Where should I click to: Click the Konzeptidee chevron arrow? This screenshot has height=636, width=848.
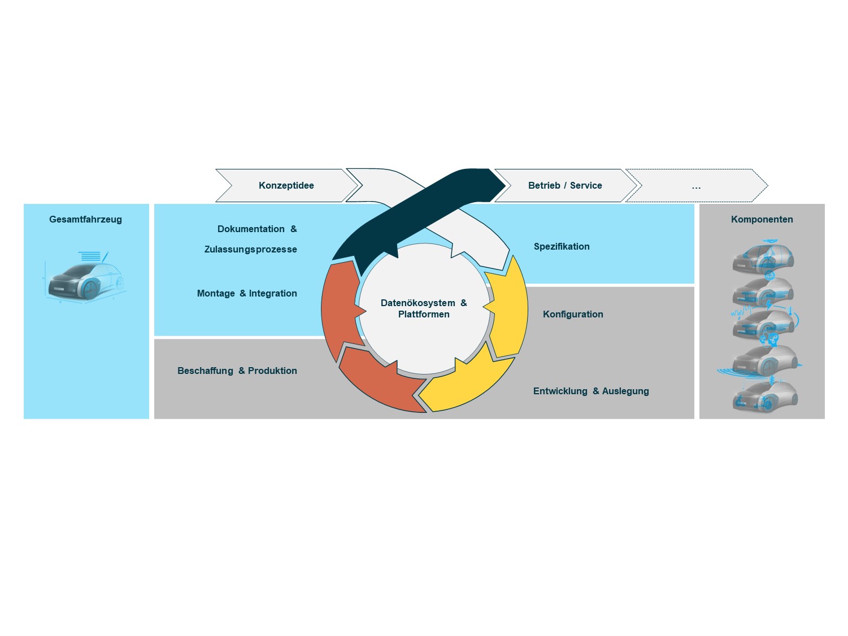coord(286,185)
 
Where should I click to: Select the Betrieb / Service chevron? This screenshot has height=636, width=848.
coord(565,185)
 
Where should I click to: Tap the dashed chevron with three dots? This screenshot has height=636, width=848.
coord(696,185)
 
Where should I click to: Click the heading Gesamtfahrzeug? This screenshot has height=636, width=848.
coord(85,219)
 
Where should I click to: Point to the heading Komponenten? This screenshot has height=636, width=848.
coord(762,219)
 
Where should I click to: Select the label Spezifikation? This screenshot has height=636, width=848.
coord(562,246)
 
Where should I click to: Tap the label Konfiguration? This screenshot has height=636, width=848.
coord(573,314)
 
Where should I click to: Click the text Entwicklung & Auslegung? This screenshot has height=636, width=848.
coord(591,391)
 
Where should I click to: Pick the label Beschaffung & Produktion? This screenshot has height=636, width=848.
coord(237,371)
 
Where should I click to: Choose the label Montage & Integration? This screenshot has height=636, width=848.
coord(247,293)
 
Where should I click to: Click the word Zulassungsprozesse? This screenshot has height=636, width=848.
coord(250,249)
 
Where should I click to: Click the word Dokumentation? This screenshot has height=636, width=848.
coord(251,229)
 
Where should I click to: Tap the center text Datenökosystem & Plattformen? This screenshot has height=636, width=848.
coord(424,308)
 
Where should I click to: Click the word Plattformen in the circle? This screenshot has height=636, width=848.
coord(424,315)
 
